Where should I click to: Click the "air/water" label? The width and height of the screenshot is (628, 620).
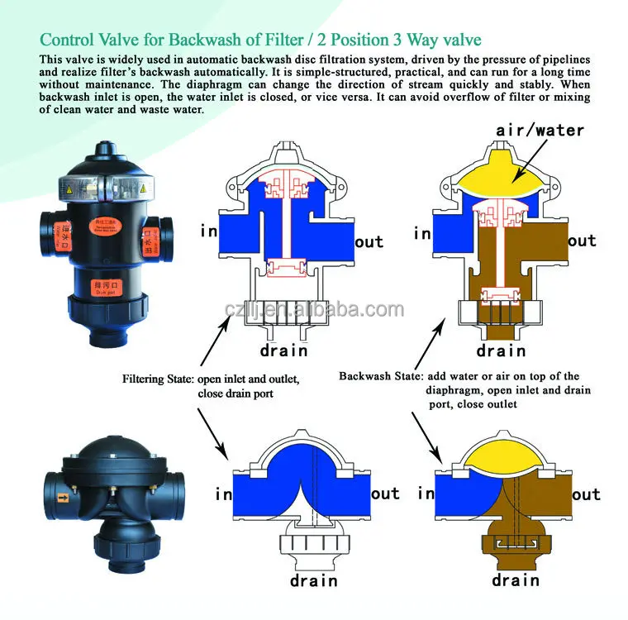[540, 130]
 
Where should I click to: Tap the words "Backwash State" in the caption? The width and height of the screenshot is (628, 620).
[375, 376]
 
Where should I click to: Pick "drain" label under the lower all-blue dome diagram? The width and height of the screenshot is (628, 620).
[314, 579]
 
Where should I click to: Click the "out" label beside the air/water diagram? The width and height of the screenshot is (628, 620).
[581, 241]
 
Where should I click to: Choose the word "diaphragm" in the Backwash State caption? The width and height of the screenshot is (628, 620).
[453, 390]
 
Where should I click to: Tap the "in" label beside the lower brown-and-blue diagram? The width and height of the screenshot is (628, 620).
[426, 494]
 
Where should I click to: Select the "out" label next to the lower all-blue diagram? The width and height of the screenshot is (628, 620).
[385, 494]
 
